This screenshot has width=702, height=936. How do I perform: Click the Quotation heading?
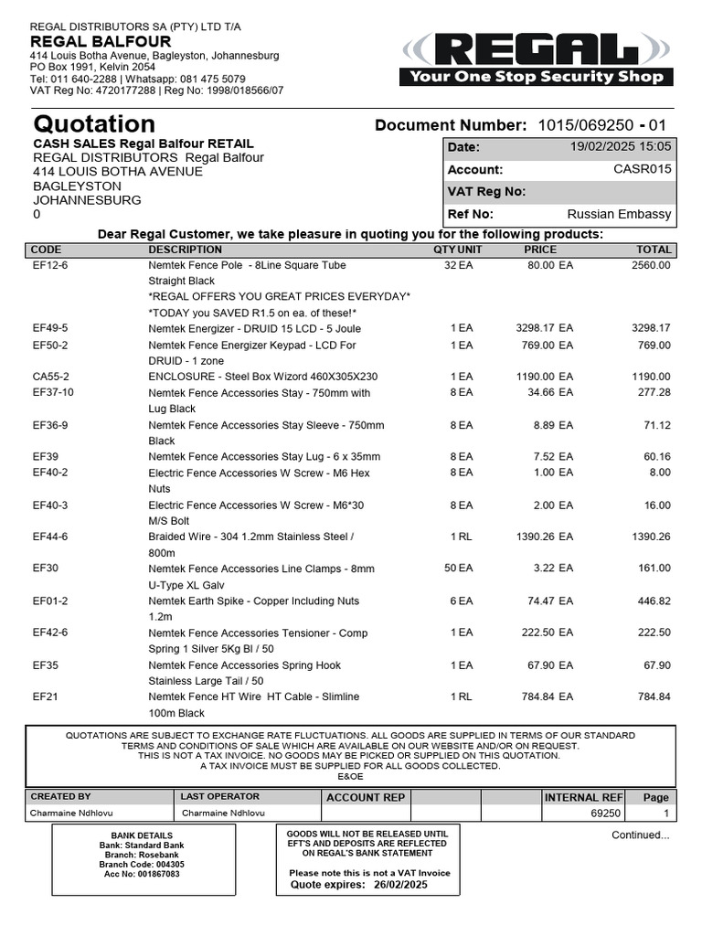[x=94, y=123]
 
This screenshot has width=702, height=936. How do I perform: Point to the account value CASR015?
[x=642, y=169]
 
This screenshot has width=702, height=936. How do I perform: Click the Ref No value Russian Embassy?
[x=619, y=215]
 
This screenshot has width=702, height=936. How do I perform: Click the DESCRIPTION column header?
[x=185, y=250]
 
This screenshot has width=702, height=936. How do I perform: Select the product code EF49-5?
[x=50, y=327]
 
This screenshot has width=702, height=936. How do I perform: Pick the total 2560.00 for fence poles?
[x=651, y=265]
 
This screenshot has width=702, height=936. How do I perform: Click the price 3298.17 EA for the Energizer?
[x=544, y=327]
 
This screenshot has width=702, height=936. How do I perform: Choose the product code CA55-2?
[x=50, y=377]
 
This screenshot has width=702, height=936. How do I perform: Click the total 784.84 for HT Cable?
[x=654, y=697]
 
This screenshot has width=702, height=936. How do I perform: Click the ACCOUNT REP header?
[x=366, y=797]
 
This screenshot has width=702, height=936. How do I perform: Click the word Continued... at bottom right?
[x=640, y=835]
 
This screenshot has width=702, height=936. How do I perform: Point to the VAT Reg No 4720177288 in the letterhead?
[x=106, y=90]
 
